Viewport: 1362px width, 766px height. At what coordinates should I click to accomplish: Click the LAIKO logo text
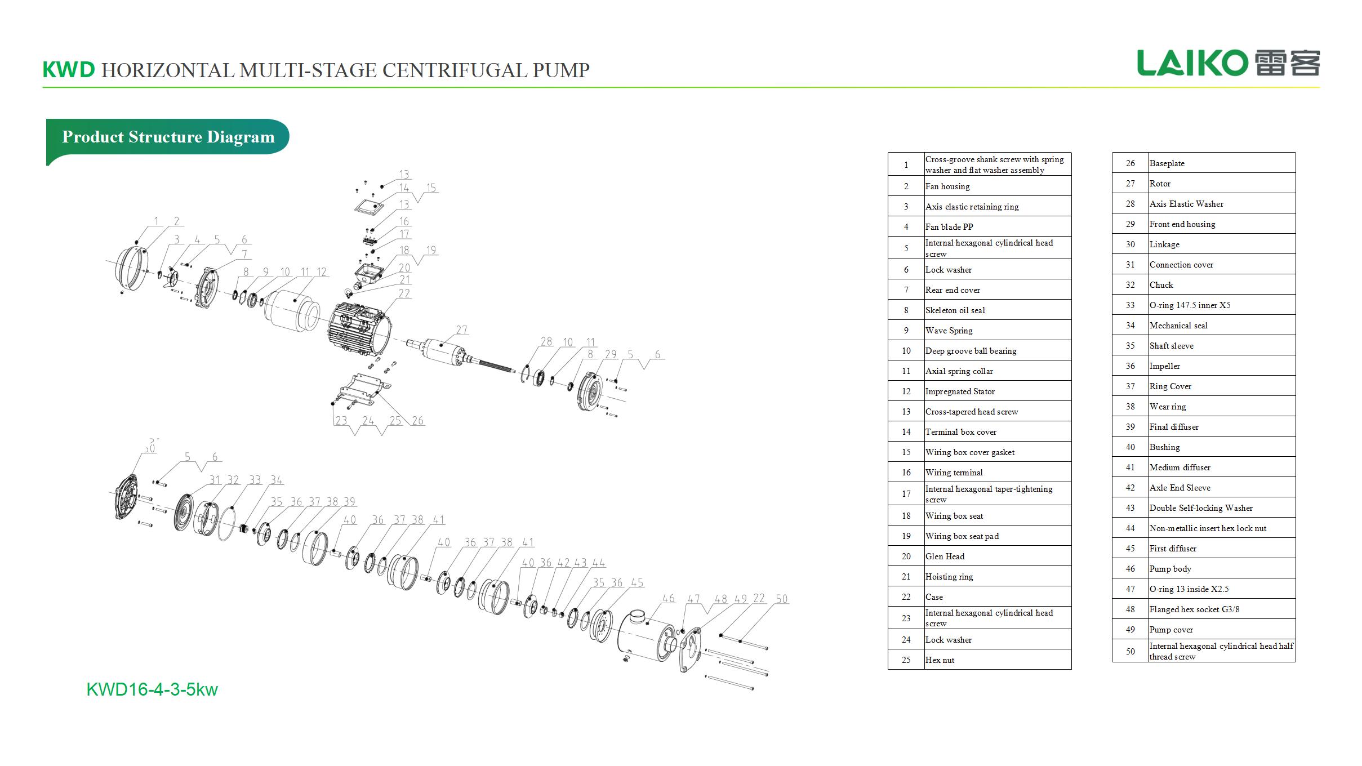[1191, 63]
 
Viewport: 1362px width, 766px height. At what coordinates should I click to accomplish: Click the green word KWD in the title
[69, 70]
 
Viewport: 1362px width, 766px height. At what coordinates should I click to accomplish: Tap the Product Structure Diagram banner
[168, 137]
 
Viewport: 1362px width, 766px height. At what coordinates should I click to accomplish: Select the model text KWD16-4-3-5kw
[152, 689]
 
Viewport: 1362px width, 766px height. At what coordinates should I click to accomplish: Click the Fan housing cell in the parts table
[947, 186]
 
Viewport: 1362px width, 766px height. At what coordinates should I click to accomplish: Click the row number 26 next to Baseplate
[1130, 163]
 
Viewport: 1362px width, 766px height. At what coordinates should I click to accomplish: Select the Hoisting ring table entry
[949, 577]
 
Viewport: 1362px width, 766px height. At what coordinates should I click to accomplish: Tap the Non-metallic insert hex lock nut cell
[1208, 528]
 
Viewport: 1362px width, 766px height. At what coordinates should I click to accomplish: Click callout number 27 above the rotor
[462, 330]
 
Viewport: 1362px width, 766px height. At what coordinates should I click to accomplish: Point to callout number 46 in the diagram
[669, 598]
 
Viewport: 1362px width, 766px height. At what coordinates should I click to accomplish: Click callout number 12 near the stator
[321, 272]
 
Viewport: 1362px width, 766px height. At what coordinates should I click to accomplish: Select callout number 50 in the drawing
[781, 599]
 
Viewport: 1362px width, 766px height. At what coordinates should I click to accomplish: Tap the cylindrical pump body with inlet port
[648, 636]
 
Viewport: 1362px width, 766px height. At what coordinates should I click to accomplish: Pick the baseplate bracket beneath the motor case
[363, 389]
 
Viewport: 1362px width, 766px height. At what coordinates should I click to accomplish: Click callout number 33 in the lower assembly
[255, 480]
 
